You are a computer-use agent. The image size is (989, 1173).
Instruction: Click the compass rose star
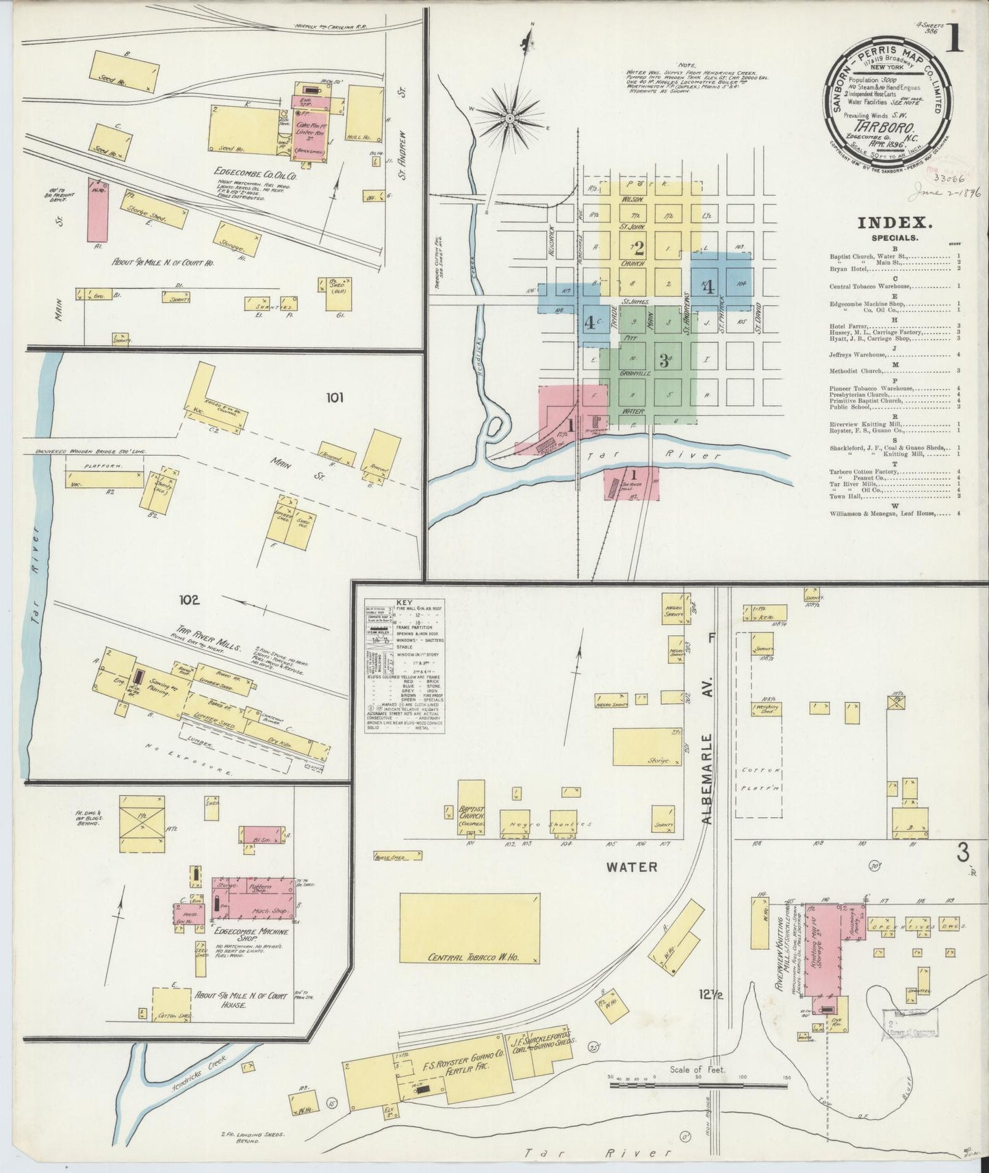pos(509,118)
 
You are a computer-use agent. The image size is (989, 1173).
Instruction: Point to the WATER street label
pos(632,866)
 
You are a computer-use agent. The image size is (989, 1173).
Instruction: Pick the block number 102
pos(189,600)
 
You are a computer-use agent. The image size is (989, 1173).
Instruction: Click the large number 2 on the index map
pos(639,248)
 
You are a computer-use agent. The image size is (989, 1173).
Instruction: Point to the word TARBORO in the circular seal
pos(887,127)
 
